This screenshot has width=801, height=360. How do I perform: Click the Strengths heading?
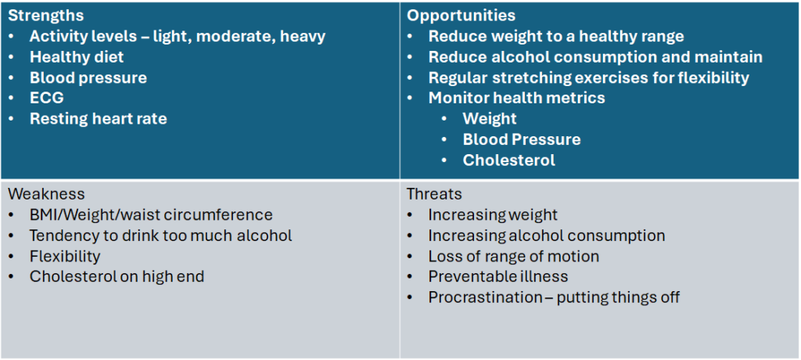tap(45, 16)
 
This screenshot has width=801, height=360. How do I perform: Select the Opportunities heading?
tap(461, 16)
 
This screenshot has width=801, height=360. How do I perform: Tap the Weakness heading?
tap(46, 194)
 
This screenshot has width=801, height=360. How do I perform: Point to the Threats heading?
tap(434, 194)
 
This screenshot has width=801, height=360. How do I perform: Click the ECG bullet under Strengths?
tap(46, 98)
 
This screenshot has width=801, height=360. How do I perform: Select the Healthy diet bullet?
tap(77, 57)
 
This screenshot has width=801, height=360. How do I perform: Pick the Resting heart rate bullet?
tap(98, 119)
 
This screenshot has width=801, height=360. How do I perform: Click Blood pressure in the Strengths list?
tap(88, 77)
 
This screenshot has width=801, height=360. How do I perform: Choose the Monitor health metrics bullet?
tap(516, 98)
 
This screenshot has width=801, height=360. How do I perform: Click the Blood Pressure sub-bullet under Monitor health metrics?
tap(522, 139)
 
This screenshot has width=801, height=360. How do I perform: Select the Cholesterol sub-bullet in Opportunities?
tap(508, 160)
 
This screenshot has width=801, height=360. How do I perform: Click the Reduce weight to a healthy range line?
tap(556, 36)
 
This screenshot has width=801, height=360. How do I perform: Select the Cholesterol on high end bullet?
tap(117, 276)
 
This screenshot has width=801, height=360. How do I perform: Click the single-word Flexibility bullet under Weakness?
tap(65, 256)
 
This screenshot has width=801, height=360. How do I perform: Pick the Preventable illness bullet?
tap(498, 276)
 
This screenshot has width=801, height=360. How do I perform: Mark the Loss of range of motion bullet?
tap(513, 256)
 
